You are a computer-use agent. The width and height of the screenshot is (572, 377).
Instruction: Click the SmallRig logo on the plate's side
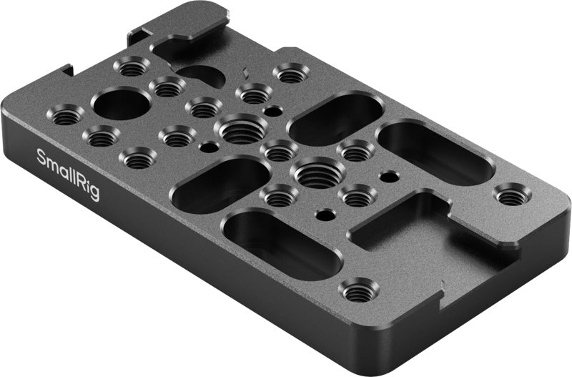pos(68,174)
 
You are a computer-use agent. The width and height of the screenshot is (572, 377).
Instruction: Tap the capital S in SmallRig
pos(41,157)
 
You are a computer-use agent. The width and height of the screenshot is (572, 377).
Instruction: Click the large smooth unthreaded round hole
pos(121,104)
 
